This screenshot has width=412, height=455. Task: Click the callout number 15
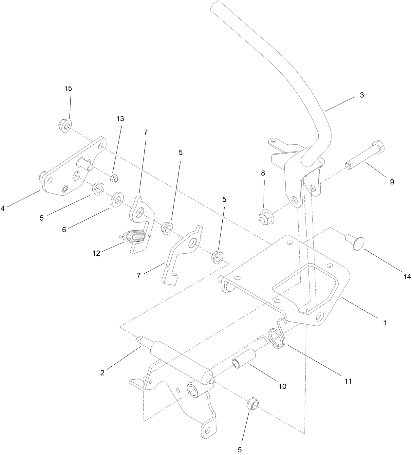coord(68,89)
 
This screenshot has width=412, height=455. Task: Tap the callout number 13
coord(120,118)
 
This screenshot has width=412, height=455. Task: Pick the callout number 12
coord(96,253)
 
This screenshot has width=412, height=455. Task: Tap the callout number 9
coord(392,182)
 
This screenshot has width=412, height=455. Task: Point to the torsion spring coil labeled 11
coord(277,338)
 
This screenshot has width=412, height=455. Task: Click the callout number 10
coord(282,386)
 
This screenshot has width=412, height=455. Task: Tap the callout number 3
coord(362,95)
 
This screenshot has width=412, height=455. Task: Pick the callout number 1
coord(385,323)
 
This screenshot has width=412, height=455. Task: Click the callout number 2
coord(102,373)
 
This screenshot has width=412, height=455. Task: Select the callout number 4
coord(3,208)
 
